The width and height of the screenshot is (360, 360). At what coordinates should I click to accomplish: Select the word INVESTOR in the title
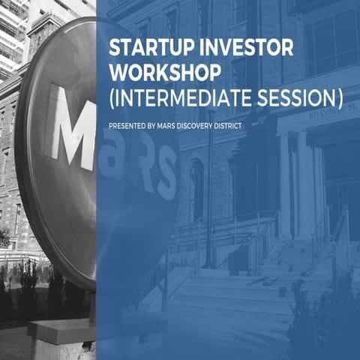(x=223, y=47)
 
